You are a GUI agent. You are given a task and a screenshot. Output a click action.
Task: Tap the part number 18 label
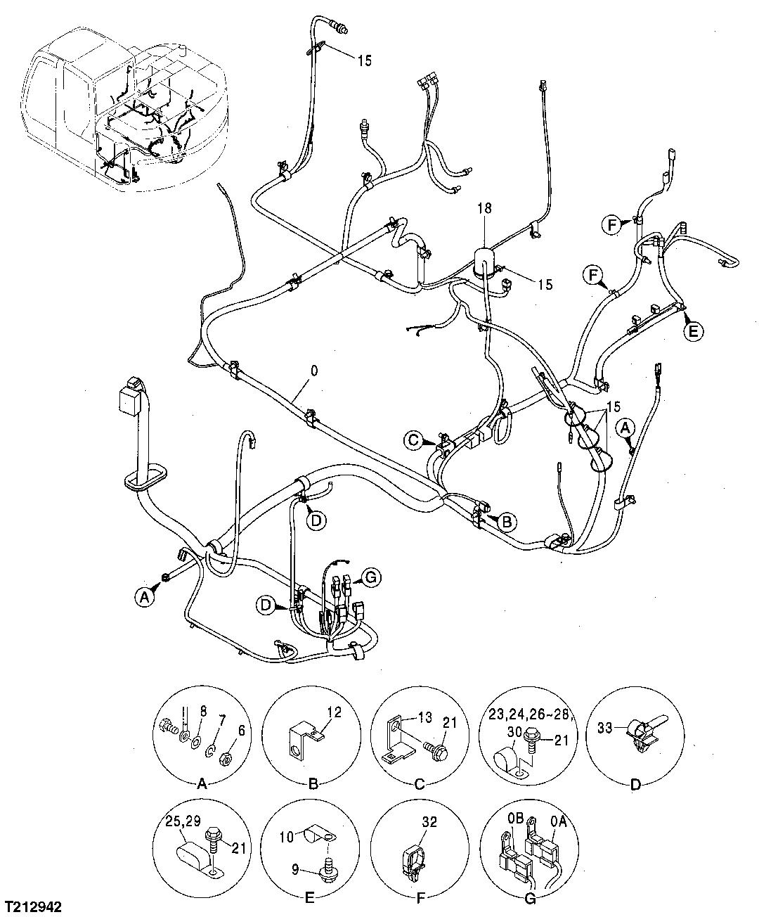[485, 209]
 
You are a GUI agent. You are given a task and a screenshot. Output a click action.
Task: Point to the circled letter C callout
[415, 441]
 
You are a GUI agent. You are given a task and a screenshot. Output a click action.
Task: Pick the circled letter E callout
[693, 331]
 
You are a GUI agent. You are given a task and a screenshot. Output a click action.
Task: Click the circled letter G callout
[371, 578]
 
